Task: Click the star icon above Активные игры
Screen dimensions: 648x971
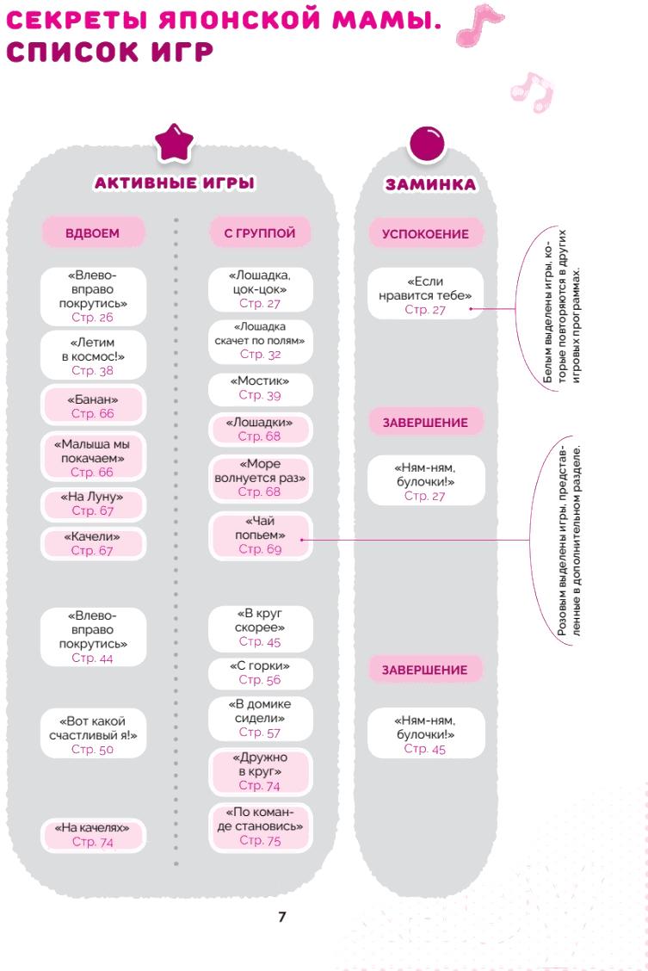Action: coord(174,143)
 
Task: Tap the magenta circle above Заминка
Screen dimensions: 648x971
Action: coord(427,144)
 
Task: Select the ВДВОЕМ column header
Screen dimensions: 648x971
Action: coord(93,232)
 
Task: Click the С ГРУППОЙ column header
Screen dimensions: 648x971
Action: coord(260,232)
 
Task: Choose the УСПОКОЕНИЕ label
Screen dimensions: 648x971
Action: coord(425,233)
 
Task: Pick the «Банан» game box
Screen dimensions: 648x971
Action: coord(93,405)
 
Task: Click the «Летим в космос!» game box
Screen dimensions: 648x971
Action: coord(93,356)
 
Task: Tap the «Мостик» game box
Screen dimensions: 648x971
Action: coord(260,388)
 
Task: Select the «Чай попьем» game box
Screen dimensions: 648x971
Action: coord(260,535)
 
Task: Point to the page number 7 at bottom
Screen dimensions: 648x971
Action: coord(282,917)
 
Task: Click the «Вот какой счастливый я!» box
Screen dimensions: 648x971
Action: coord(93,735)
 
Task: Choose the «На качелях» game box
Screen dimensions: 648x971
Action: coord(93,834)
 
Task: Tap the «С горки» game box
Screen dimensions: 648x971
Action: coord(260,673)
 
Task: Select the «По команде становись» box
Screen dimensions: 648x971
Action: coord(260,826)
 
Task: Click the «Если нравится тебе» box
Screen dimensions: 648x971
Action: coord(425,294)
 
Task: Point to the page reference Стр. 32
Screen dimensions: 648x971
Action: coord(260,354)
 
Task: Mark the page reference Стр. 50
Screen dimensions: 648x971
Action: coord(92,749)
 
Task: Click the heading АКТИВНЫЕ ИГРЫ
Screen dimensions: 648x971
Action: coord(175,183)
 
